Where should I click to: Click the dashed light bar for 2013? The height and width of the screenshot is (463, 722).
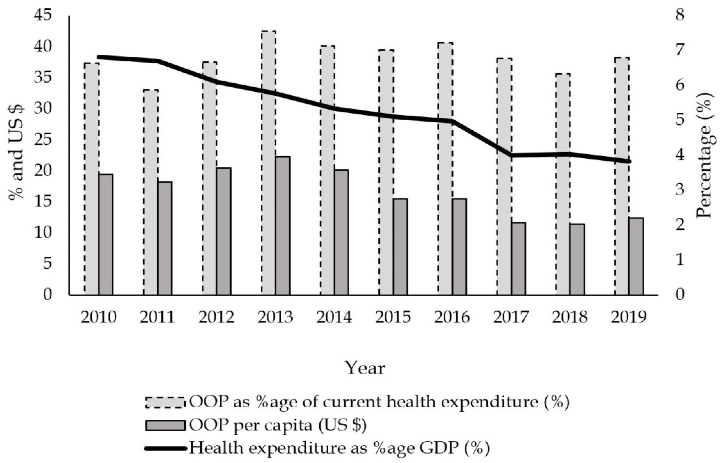268,162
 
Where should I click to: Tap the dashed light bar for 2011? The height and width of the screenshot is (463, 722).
151,192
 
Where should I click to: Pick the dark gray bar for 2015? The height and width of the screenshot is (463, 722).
400,246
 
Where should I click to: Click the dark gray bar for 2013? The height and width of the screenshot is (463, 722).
283,225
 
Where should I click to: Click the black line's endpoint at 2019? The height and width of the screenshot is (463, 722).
629,162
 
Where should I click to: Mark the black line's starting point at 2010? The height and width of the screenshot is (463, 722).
99,57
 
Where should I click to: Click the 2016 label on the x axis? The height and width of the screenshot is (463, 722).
452,317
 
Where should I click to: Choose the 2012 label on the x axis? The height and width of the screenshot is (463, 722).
216,317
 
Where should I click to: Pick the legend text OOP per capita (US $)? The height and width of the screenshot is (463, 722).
277,426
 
